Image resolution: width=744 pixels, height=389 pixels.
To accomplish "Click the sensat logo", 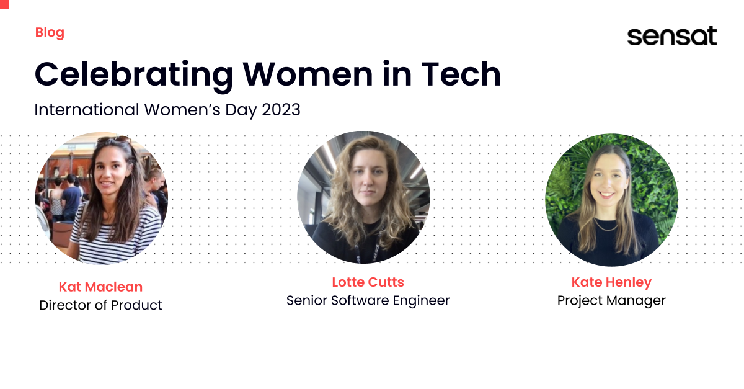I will [x=671, y=36].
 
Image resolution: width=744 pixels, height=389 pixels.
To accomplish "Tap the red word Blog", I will [x=50, y=32].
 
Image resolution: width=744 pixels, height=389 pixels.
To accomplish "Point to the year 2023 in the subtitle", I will [x=281, y=110].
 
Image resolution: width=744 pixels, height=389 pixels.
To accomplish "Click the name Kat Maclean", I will [x=100, y=287].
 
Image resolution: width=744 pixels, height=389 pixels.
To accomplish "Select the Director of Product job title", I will [x=100, y=305].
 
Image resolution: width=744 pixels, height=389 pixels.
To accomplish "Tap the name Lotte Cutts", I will [x=368, y=282].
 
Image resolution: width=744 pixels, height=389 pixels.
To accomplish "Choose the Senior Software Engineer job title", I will [x=368, y=301].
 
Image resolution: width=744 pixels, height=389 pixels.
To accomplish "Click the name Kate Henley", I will [x=611, y=282].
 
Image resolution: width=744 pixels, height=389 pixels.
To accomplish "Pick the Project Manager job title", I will [x=611, y=301].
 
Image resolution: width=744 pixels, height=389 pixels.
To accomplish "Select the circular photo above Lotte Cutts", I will [x=363, y=197].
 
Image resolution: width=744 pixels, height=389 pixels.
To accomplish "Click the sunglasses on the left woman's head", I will [x=115, y=141].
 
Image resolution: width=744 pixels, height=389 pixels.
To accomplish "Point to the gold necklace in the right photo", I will [x=606, y=226].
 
